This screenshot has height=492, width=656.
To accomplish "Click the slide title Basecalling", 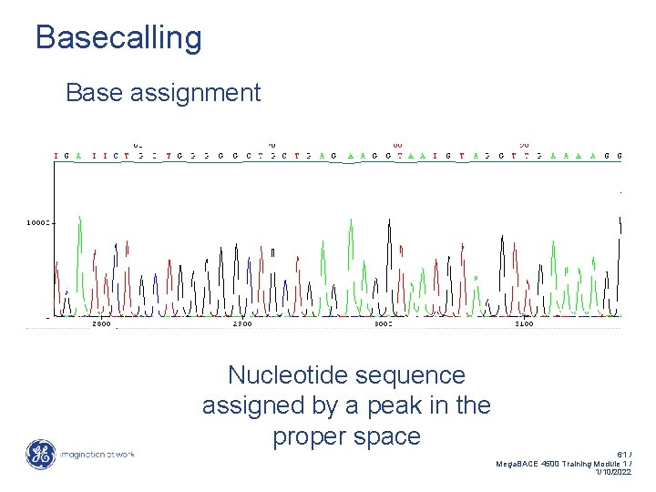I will pyautogui.click(x=118, y=38).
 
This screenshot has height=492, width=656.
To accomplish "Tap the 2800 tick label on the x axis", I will pyautogui.click(x=101, y=323).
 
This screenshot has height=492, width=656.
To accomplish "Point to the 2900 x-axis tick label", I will pyautogui.click(x=241, y=323).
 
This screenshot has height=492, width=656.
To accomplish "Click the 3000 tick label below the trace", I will pyautogui.click(x=383, y=323).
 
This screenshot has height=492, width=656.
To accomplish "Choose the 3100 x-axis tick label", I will pyautogui.click(x=523, y=323).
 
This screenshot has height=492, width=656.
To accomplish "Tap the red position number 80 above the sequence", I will pyautogui.click(x=398, y=144).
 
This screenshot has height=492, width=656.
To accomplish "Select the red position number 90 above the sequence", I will pyautogui.click(x=524, y=144).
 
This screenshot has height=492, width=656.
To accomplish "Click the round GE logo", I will pyautogui.click(x=40, y=455).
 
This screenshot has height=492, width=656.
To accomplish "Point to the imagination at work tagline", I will pyautogui.click(x=98, y=455).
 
